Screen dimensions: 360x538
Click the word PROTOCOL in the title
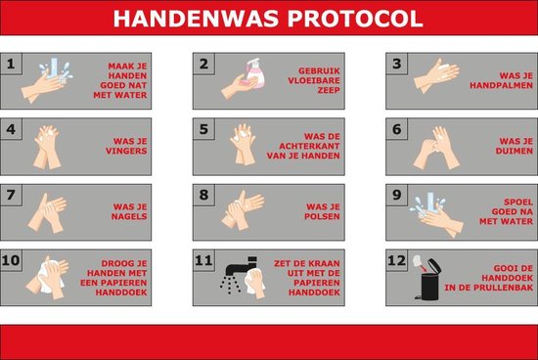tap(354, 19)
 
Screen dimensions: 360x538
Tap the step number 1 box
tap(12, 65)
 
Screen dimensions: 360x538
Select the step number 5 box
tap(203, 129)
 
